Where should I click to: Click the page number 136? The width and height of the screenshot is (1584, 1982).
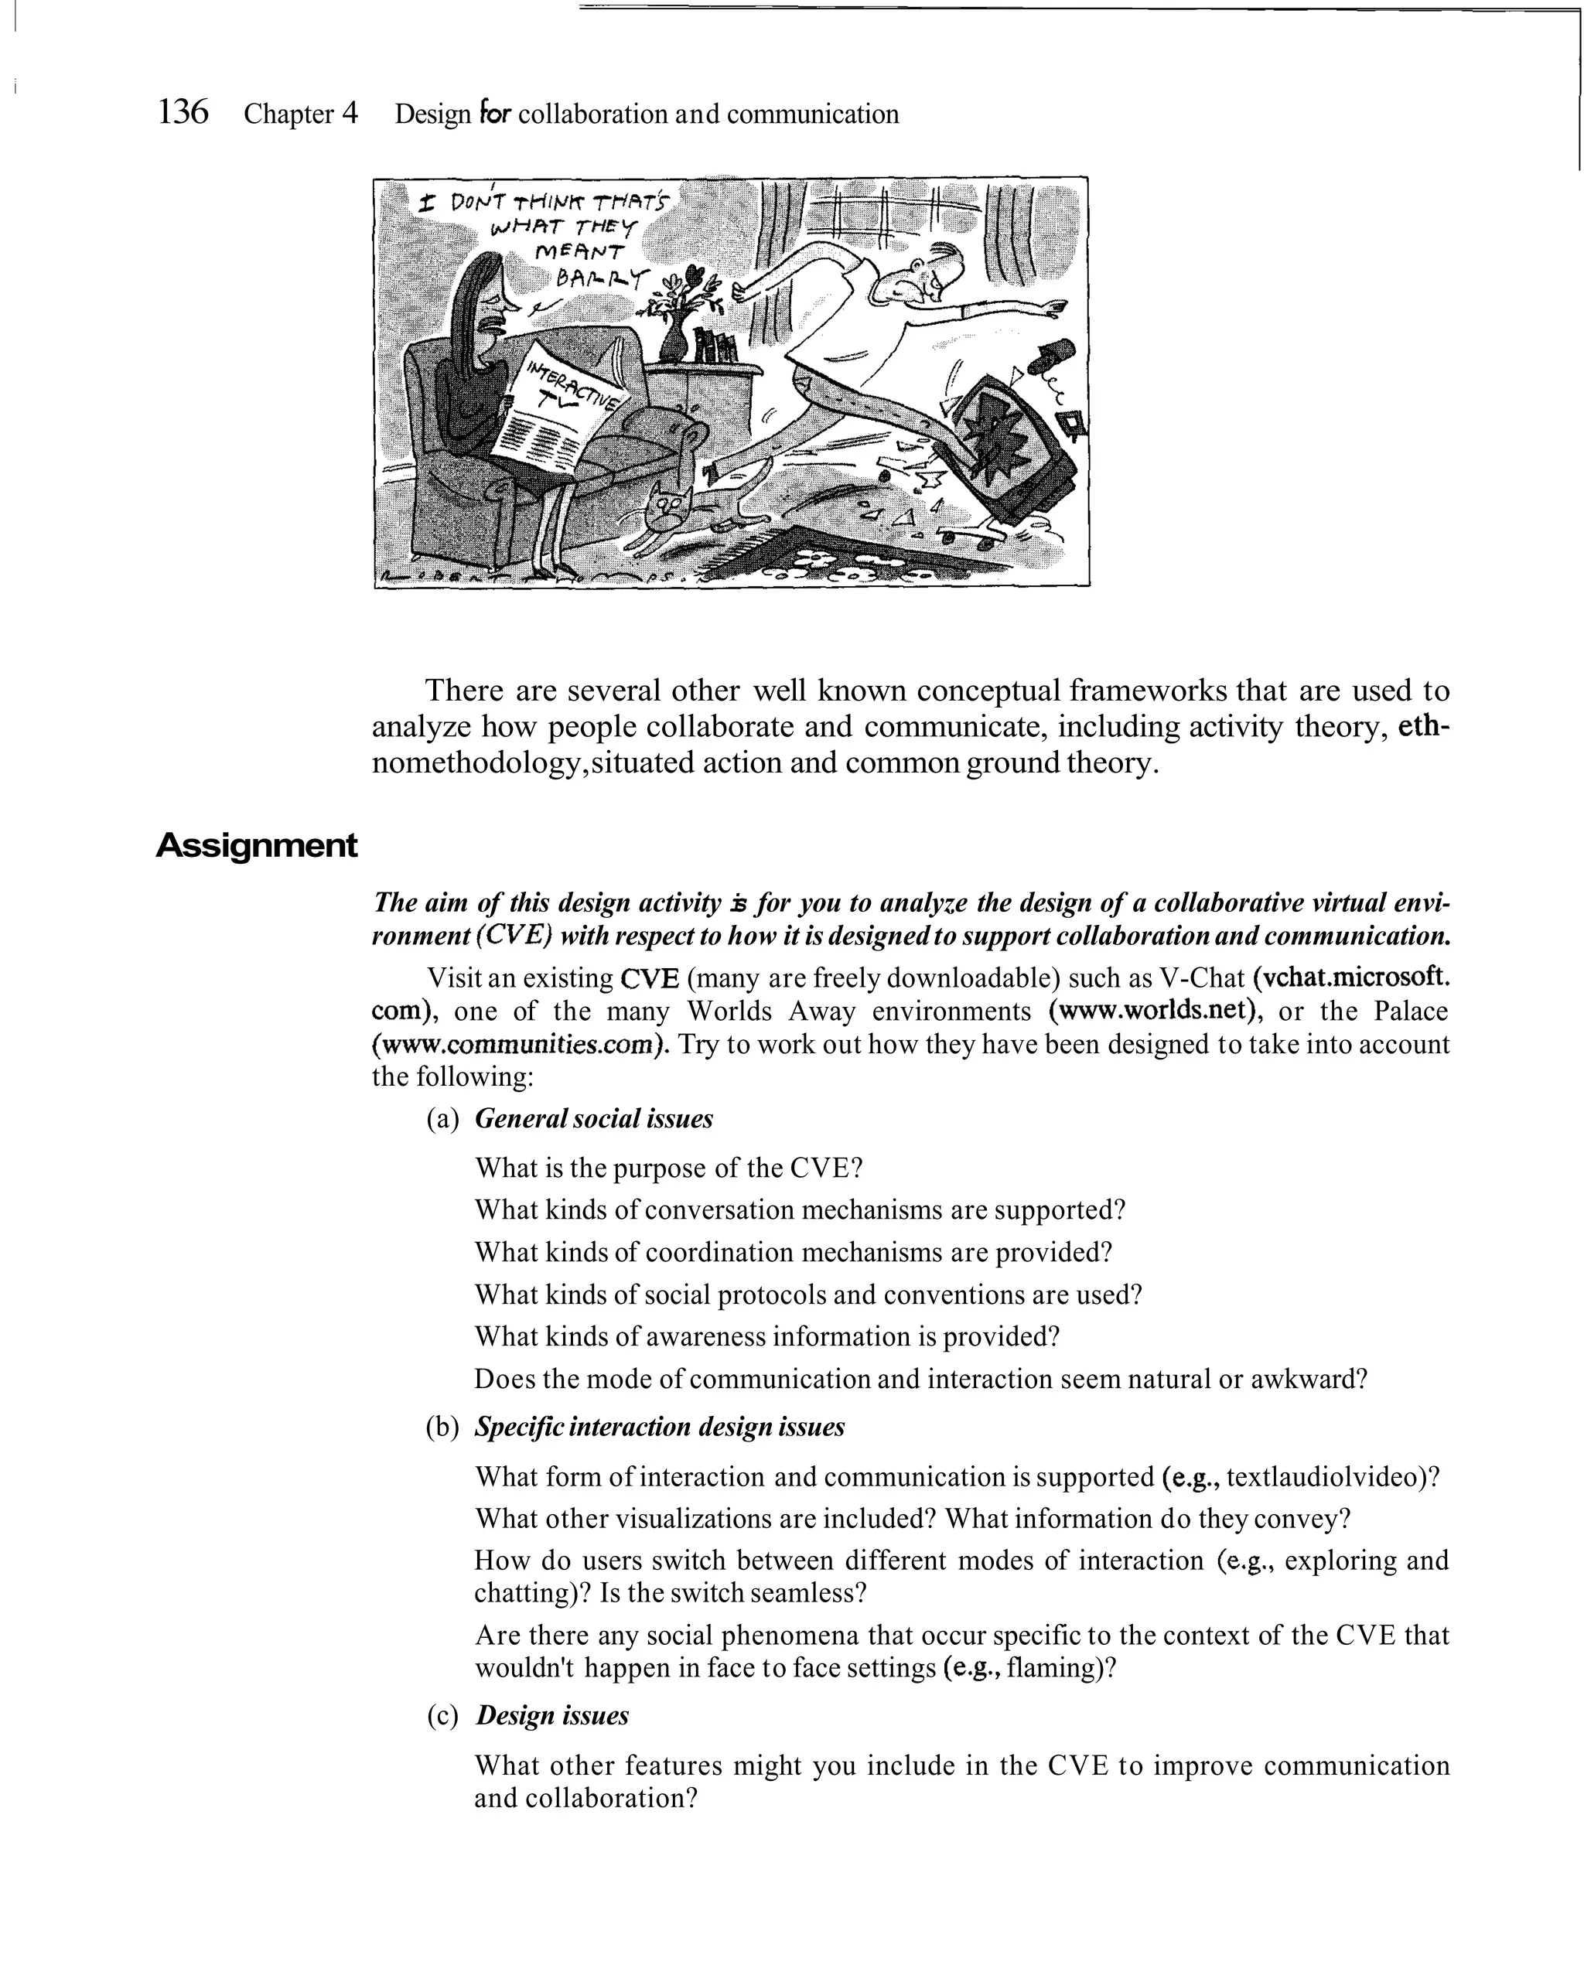click(x=183, y=112)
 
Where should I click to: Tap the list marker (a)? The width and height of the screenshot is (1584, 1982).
click(x=442, y=1119)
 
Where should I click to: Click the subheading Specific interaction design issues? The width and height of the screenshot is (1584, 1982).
click(x=659, y=1427)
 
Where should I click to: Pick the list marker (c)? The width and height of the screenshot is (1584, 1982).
click(x=442, y=1715)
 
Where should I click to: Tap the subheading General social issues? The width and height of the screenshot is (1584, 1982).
click(x=593, y=1119)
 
